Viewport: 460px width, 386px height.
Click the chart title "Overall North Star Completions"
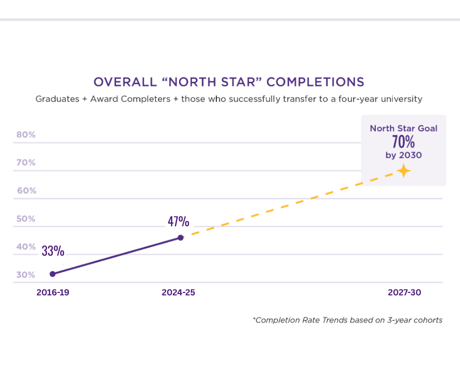229,81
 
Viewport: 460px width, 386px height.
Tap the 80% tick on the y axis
26,135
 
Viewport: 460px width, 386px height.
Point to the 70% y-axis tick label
26,163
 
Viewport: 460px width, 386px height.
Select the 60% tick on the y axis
26,191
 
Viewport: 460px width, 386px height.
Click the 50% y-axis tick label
26,218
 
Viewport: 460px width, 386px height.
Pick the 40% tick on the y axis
26,247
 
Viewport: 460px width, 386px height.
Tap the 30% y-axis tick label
26,275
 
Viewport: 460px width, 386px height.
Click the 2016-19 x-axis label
52,292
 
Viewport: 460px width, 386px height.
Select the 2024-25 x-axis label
178,292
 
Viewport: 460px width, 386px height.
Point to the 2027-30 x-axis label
404,292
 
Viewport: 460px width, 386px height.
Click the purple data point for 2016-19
52,274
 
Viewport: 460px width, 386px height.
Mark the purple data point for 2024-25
181,238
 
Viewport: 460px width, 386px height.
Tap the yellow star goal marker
403,171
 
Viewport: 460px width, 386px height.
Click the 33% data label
53,251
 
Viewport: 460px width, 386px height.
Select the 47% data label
178,221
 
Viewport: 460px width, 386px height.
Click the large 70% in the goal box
403,142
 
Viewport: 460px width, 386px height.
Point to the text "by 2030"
403,155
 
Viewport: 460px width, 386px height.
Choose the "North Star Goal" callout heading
403,128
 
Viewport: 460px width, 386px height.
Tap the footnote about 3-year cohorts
347,320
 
